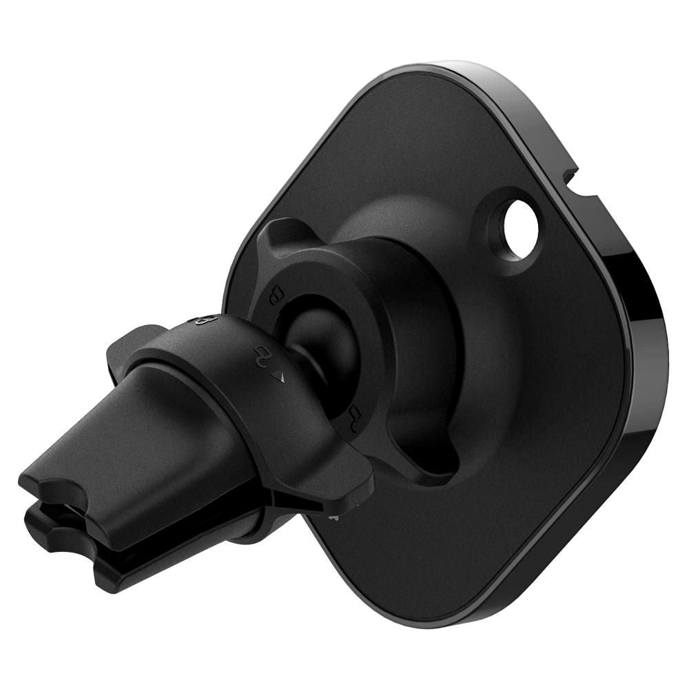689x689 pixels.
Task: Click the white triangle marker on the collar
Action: coord(279,376)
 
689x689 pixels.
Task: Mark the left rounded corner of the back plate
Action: coord(238,276)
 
